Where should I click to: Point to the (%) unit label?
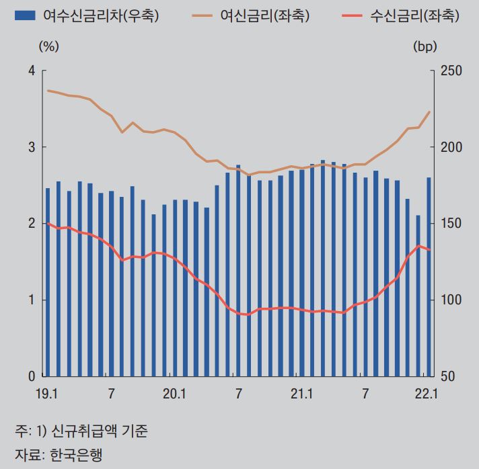point(49,46)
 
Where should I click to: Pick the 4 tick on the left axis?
point(31,71)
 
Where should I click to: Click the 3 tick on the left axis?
point(31,147)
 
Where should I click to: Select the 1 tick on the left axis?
point(31,300)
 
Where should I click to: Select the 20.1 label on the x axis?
point(174,393)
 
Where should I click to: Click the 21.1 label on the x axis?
point(301,393)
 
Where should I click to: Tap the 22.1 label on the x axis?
point(427,393)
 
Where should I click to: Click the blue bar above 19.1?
point(48,282)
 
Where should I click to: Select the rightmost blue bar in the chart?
point(429,276)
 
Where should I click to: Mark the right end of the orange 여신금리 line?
point(429,112)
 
